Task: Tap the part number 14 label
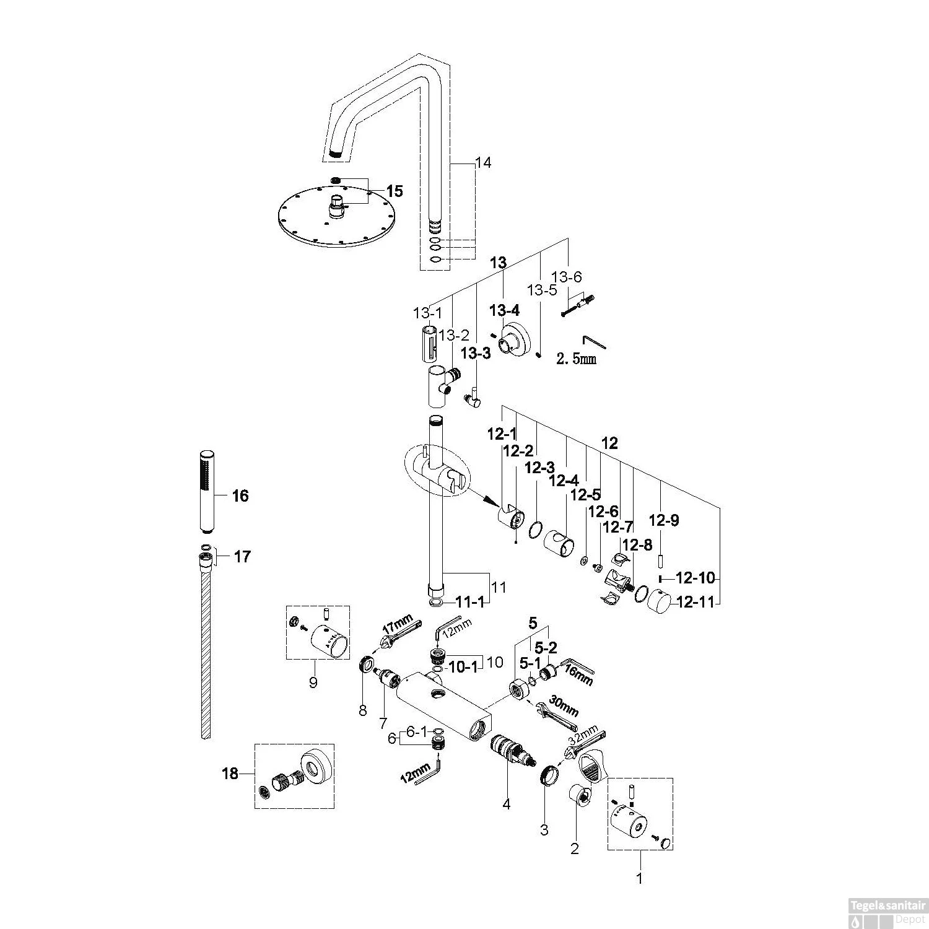point(483,163)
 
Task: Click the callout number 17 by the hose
point(242,557)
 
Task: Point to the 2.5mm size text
point(577,359)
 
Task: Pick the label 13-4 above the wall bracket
point(505,310)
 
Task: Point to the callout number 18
point(230,774)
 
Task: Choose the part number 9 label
point(313,683)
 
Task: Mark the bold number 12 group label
point(609,443)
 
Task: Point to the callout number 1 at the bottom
point(640,878)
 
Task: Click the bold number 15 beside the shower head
point(395,191)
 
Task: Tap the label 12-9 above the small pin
point(663,521)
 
